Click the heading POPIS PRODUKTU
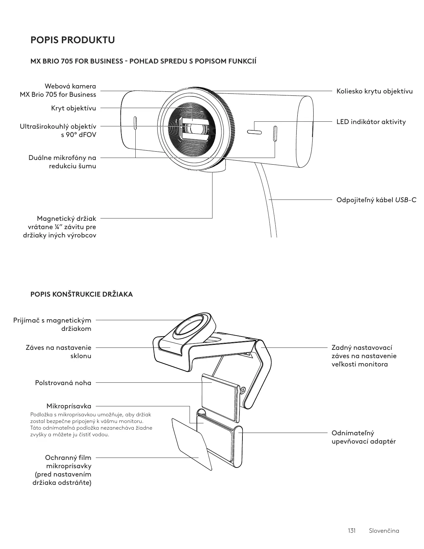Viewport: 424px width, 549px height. pyautogui.click(x=72, y=40)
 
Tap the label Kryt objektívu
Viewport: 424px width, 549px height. pyautogui.click(x=73, y=108)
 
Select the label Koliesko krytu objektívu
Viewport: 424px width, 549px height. pyautogui.click(x=374, y=91)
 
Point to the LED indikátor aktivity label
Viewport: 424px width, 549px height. pyautogui.click(x=371, y=122)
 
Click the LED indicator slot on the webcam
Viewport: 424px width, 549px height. pyautogui.click(x=254, y=132)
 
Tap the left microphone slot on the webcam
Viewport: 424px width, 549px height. pyautogui.click(x=135, y=123)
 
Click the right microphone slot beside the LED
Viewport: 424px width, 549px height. pyautogui.click(x=275, y=133)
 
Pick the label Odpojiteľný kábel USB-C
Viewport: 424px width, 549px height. pyautogui.click(x=376, y=200)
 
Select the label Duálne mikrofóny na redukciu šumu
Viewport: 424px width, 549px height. pyautogui.click(x=62, y=162)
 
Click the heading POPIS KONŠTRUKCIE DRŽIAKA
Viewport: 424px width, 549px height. pyautogui.click(x=81, y=294)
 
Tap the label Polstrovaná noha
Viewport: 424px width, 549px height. pyautogui.click(x=63, y=383)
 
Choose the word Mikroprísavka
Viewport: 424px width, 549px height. pyautogui.click(x=69, y=406)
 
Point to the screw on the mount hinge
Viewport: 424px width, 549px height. pyautogui.click(x=243, y=390)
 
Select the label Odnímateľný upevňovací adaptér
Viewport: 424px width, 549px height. pyautogui.click(x=363, y=437)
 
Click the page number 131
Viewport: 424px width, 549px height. pyautogui.click(x=352, y=530)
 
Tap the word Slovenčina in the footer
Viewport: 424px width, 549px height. pyautogui.click(x=384, y=530)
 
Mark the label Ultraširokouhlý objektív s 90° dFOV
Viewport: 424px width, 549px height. pyautogui.click(x=58, y=131)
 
